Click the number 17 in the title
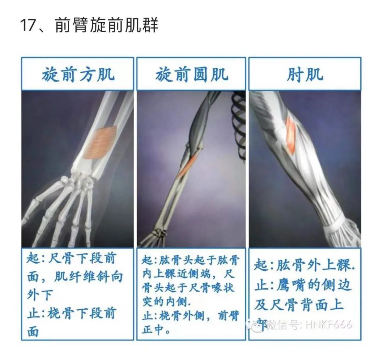pyautogui.click(x=28, y=26)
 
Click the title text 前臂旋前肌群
pyautogui.click(x=106, y=26)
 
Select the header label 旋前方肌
pyautogui.click(x=78, y=75)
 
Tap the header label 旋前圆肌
pyautogui.click(x=191, y=75)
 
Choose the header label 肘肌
pyautogui.click(x=305, y=75)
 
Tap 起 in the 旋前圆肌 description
pyautogui.click(x=146, y=261)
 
